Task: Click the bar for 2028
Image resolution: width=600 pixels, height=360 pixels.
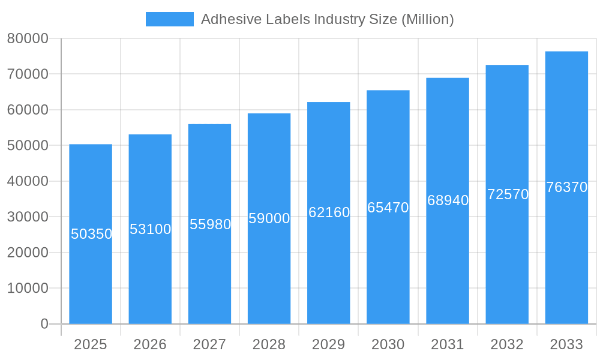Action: pyautogui.click(x=269, y=270)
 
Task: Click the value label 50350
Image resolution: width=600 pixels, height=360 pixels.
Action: pyautogui.click(x=92, y=234)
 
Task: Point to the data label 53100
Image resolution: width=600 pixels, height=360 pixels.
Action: pyautogui.click(x=151, y=229)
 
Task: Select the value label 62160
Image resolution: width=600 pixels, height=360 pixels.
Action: pyautogui.click(x=329, y=212)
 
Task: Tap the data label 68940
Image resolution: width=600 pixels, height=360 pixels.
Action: pyautogui.click(x=448, y=200)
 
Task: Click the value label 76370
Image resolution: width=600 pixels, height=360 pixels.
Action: pyautogui.click(x=566, y=187)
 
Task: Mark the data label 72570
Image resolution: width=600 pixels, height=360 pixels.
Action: pyautogui.click(x=508, y=194)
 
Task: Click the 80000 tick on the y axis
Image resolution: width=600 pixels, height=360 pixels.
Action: pyautogui.click(x=28, y=38)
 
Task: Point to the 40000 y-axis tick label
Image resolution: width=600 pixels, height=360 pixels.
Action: pyautogui.click(x=28, y=181)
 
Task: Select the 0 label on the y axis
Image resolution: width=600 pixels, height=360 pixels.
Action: pyautogui.click(x=44, y=324)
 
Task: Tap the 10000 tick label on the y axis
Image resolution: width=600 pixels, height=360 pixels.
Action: pyautogui.click(x=28, y=288)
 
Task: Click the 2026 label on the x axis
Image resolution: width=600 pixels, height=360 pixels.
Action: pyautogui.click(x=150, y=344)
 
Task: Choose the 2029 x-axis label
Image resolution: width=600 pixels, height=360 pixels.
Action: pyautogui.click(x=329, y=344)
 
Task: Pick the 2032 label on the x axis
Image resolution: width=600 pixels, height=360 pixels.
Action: pyautogui.click(x=507, y=344)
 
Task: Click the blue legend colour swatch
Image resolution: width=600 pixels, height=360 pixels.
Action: pyautogui.click(x=169, y=19)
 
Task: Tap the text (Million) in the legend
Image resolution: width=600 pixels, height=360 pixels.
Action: pyautogui.click(x=427, y=19)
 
